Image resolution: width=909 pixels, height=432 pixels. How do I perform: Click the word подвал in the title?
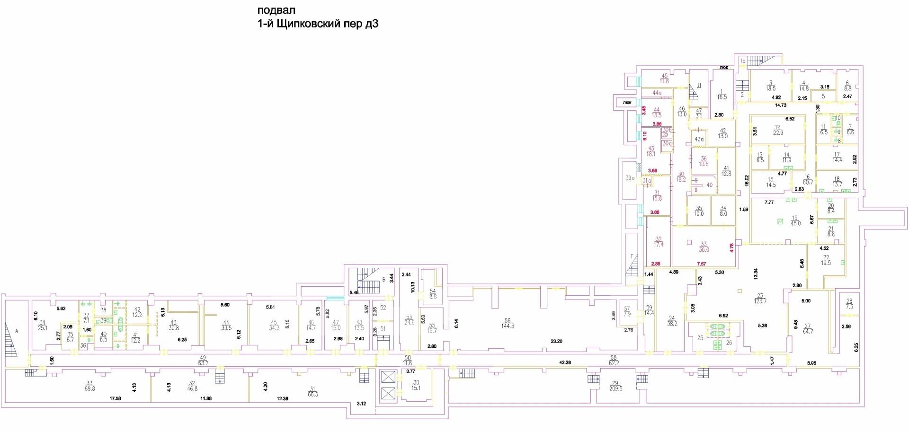click(x=276, y=10)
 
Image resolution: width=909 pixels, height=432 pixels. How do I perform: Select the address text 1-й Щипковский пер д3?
click(x=318, y=24)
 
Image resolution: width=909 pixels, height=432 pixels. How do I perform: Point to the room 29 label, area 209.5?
click(x=615, y=385)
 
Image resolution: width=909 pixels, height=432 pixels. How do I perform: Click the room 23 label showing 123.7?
click(x=761, y=298)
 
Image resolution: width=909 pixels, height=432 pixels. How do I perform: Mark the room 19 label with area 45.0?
click(x=795, y=220)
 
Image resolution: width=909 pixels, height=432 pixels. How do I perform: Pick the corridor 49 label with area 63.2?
click(x=204, y=361)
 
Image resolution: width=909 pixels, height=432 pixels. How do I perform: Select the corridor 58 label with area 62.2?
click(x=614, y=361)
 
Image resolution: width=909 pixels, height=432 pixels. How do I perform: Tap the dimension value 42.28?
click(x=565, y=362)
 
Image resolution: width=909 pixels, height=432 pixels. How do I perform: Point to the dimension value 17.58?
click(x=115, y=398)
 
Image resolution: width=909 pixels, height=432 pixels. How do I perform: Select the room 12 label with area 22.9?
click(x=777, y=130)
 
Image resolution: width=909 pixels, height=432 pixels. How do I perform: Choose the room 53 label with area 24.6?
click(x=409, y=319)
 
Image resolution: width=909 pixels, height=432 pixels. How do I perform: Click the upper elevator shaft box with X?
click(x=388, y=377)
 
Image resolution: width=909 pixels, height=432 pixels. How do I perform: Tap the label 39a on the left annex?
click(x=630, y=178)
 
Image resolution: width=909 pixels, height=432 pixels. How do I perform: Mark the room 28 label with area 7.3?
click(x=849, y=304)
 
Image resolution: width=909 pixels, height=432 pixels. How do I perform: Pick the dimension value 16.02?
click(x=746, y=180)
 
